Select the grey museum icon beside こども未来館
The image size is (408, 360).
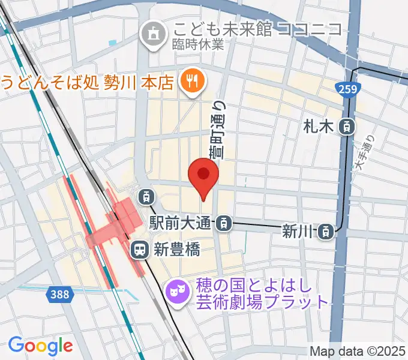coord(150,33)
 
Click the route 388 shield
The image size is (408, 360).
coord(59,293)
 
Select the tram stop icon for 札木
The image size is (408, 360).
coord(347,126)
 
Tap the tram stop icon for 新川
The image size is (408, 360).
coord(326,230)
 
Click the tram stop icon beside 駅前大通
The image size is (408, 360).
coord(223,223)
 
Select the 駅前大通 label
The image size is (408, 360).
coord(181,223)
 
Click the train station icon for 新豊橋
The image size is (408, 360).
coord(140,249)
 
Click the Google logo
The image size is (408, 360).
coord(40,345)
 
